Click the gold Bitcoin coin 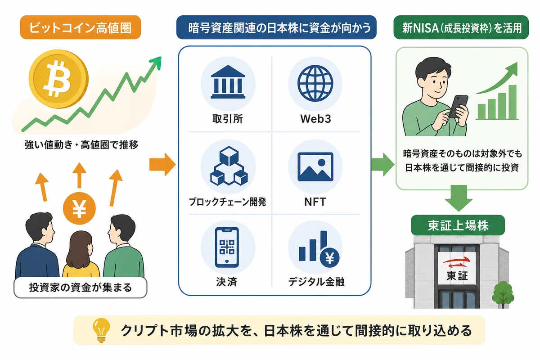pyautogui.click(x=58, y=79)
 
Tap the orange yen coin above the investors pyautogui.click(x=79, y=208)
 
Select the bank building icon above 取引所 pyautogui.click(x=228, y=82)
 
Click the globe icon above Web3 pyautogui.click(x=315, y=83)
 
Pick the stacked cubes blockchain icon pyautogui.click(x=229, y=166)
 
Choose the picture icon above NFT pyautogui.click(x=315, y=167)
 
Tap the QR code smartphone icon pyautogui.click(x=227, y=247)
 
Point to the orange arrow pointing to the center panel pyautogui.click(x=162, y=164)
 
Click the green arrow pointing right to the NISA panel pyautogui.click(x=382, y=164)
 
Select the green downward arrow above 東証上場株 pyautogui.click(x=459, y=198)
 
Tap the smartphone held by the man pyautogui.click(x=458, y=107)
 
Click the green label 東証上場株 pyautogui.click(x=458, y=225)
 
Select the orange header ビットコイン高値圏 pyautogui.click(x=80, y=27)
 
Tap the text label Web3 pyautogui.click(x=315, y=119)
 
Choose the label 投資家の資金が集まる pyautogui.click(x=80, y=288)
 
